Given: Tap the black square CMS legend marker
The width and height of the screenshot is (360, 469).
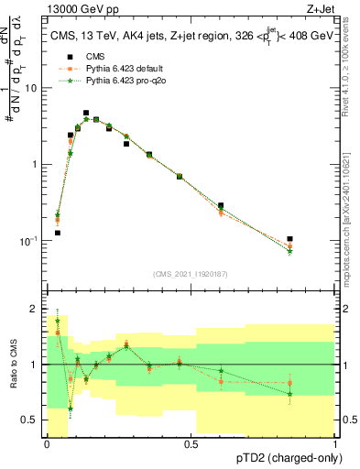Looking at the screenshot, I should pos(64,56).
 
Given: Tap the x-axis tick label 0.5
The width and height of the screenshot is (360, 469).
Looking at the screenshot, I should pos(191,444).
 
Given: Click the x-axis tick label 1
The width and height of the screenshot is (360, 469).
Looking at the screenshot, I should pos(335,444).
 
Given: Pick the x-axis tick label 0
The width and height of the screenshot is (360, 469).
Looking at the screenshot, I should pos(47,444).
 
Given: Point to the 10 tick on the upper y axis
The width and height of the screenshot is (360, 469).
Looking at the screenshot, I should pos(32,88).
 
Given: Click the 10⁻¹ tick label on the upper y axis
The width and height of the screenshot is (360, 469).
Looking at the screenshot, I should pos(30,240).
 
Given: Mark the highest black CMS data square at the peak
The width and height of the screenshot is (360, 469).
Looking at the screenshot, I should pos(86,114).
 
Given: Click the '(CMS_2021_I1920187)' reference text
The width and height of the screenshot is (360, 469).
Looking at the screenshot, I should pos(191,274).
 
